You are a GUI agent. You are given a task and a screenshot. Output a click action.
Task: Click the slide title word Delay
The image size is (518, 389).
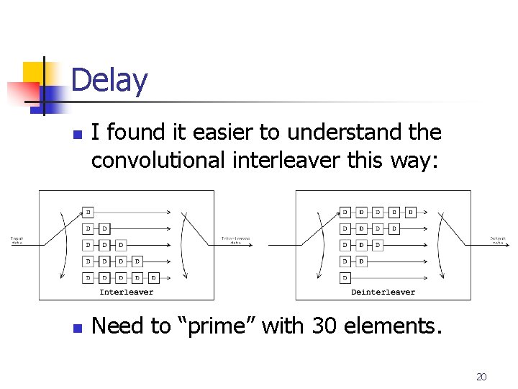coord(109,80)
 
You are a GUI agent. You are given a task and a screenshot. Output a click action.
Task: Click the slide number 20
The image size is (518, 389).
coord(482,377)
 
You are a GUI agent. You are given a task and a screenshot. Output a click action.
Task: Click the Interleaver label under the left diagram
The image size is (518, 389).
coord(127,292)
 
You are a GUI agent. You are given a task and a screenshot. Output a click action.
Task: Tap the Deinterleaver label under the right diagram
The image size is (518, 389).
coord(383,292)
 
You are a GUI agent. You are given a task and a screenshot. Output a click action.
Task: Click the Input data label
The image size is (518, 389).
coord(17,241)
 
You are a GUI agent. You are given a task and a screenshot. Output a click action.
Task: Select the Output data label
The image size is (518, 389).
coord(499,241)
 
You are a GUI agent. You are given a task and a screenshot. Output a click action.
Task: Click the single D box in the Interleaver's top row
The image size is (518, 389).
coord(88,213)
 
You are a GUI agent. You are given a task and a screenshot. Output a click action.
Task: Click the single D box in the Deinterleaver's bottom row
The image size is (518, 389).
coord(345,277)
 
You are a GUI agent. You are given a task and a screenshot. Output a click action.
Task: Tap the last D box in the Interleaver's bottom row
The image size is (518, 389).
coord(154,277)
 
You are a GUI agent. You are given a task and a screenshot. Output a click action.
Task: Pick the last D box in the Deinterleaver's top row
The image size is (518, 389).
coord(411,213)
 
